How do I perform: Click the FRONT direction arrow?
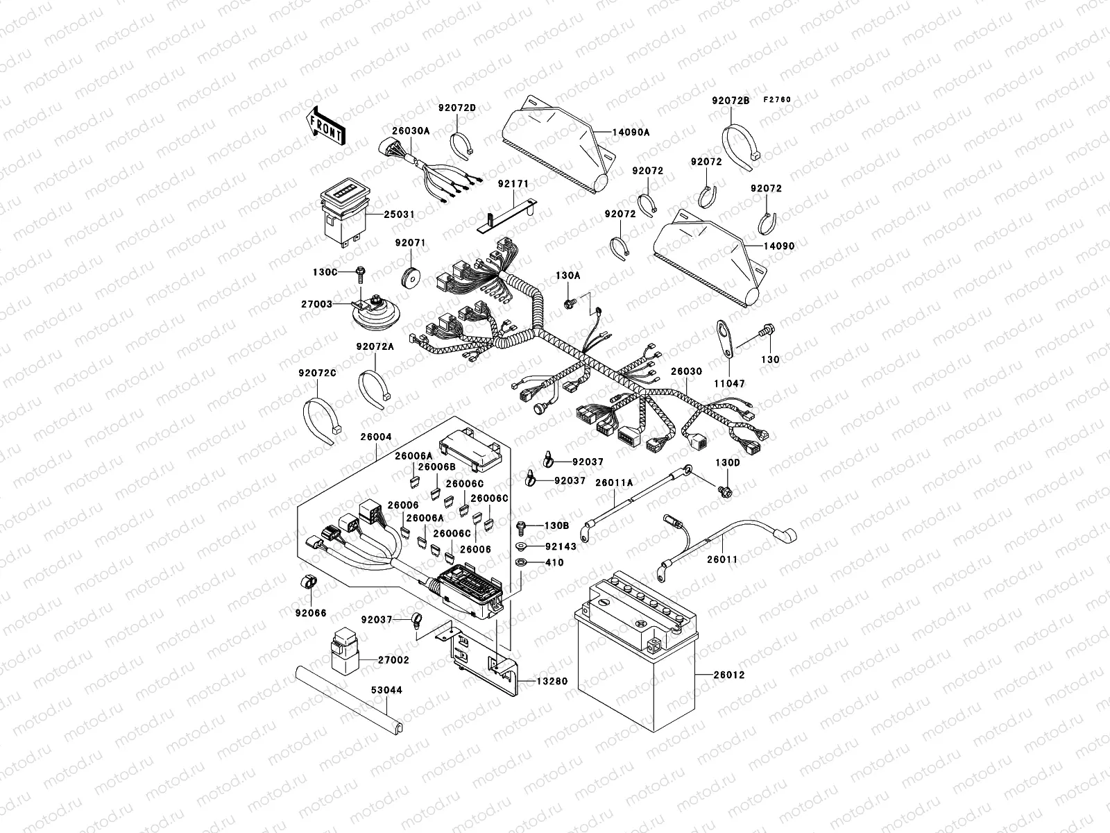coord(326,126)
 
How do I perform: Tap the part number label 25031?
coord(400,214)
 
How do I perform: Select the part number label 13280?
coord(552,681)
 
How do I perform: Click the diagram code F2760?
coord(777,100)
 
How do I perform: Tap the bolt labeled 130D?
coord(726,491)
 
